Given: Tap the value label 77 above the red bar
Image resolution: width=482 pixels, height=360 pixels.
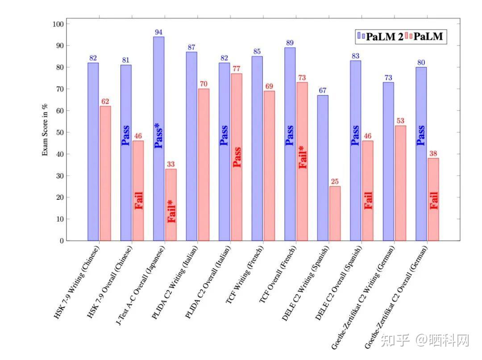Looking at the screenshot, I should (237, 69).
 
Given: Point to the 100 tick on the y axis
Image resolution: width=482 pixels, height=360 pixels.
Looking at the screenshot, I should (59, 24).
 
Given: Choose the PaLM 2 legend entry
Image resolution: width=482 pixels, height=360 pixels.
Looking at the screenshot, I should (380, 37).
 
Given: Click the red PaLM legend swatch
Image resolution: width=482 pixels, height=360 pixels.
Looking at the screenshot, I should (409, 37).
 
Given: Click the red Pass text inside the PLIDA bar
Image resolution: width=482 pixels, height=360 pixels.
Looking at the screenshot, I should (237, 157).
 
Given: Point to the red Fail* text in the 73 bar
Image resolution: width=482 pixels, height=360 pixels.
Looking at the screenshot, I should (303, 157).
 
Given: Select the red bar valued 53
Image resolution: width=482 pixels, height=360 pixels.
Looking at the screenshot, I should (400, 183).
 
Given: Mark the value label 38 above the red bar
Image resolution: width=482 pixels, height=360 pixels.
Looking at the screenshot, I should (433, 154).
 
